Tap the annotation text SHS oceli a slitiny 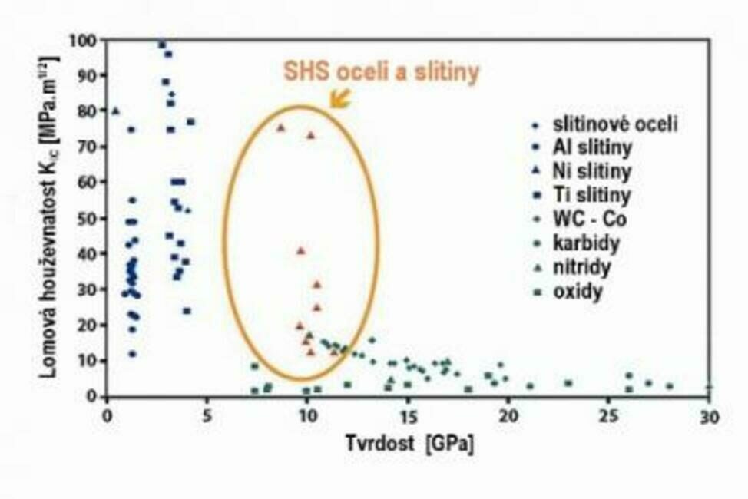[382, 72]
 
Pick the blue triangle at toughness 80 [116, 111]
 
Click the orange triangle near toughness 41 [301, 250]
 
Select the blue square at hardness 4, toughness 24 [187, 311]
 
